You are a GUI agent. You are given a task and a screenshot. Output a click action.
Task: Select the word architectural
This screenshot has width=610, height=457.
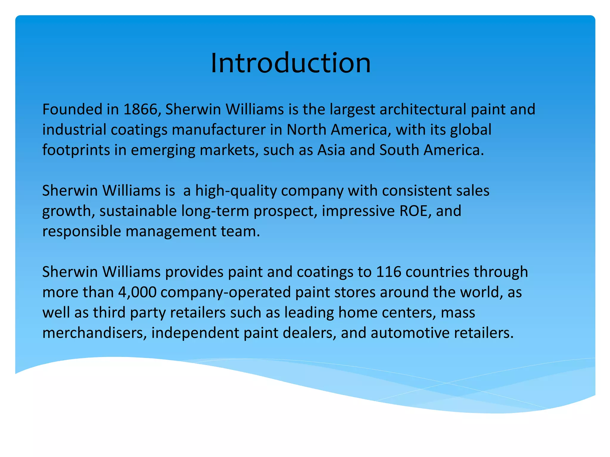[x=423, y=109]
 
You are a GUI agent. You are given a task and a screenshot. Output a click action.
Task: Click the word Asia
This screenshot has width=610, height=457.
[x=331, y=150]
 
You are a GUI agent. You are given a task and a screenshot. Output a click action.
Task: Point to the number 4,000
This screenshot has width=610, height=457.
[x=137, y=292]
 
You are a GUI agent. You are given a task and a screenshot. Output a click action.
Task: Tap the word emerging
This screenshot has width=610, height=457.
[x=163, y=150]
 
